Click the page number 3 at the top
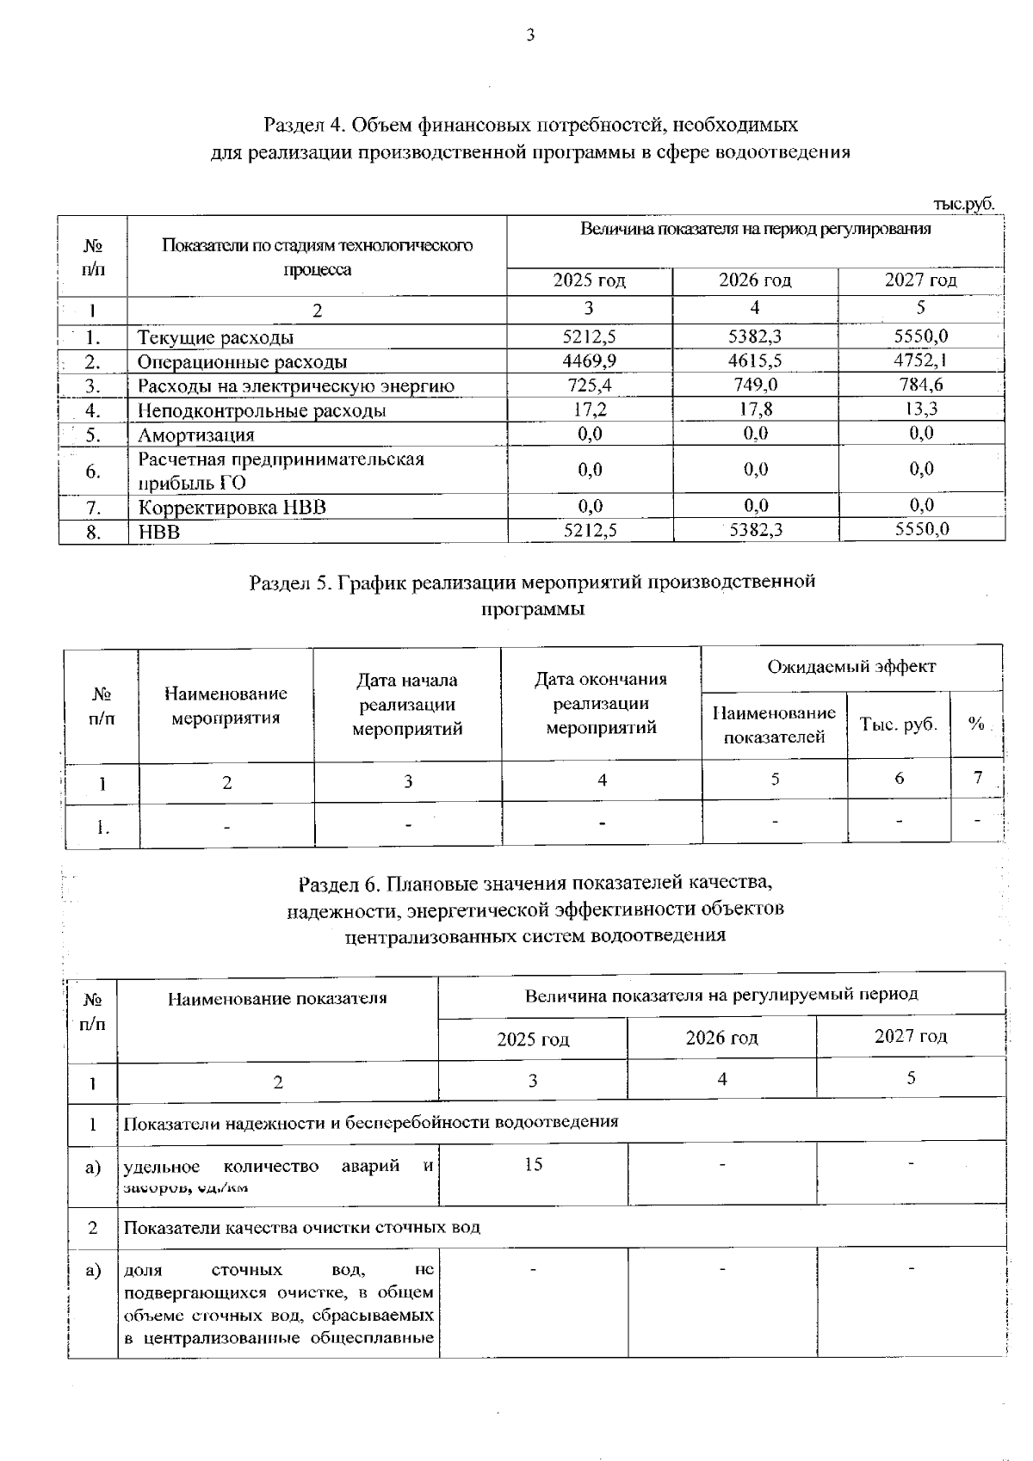click(x=530, y=35)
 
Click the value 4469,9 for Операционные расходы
click(x=589, y=361)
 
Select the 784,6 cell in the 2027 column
click(x=920, y=385)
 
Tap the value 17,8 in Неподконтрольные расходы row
click(x=755, y=410)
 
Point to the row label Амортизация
click(x=196, y=435)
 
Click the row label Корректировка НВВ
click(x=232, y=507)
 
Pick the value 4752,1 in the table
click(x=920, y=361)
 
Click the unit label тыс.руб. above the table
click(x=963, y=205)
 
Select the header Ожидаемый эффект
click(x=851, y=666)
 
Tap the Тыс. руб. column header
click(x=899, y=724)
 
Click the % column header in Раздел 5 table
click(x=975, y=724)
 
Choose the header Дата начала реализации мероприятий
click(x=407, y=705)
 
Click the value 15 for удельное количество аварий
click(x=533, y=1164)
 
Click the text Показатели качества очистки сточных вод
click(x=301, y=1228)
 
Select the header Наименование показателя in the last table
click(x=277, y=998)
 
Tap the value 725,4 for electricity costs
click(x=589, y=385)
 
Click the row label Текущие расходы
click(x=215, y=337)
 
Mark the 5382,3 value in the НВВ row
click(x=755, y=531)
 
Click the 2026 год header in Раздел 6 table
click(x=721, y=1038)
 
